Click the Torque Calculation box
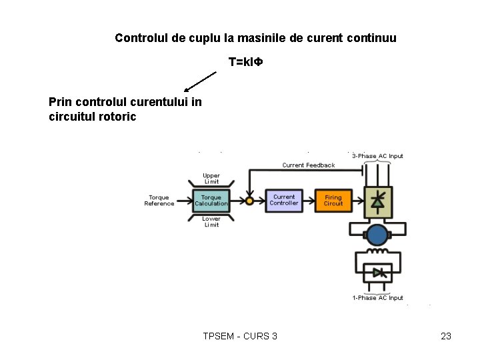(211, 201)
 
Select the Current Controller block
(284, 200)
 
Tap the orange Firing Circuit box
(333, 200)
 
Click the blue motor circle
(377, 235)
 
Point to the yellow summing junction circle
(249, 201)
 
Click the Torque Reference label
(159, 201)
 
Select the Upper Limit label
(211, 179)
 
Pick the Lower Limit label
(211, 222)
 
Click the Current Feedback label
(309, 165)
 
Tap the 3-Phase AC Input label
(377, 156)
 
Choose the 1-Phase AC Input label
(377, 298)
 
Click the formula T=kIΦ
(246, 62)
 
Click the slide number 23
(446, 336)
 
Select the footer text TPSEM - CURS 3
(240, 336)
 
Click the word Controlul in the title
(141, 38)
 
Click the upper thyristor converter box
(377, 201)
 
